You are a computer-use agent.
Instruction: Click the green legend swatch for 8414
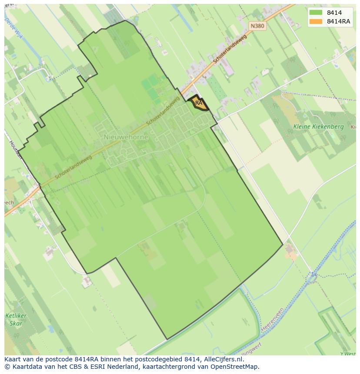316,13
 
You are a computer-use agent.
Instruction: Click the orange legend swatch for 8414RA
316,21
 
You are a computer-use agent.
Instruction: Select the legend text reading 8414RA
339,21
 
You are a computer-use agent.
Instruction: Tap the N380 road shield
257,26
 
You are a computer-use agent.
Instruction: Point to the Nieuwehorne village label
126,137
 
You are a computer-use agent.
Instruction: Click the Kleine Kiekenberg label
318,127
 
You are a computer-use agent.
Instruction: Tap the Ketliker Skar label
16,319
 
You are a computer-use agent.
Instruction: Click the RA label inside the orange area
199,103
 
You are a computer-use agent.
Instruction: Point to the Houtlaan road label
15,149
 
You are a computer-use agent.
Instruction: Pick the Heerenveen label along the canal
273,319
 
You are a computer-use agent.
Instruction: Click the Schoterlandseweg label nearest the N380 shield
230,50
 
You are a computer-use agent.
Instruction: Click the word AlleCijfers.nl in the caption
224,359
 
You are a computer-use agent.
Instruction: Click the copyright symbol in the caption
7,367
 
